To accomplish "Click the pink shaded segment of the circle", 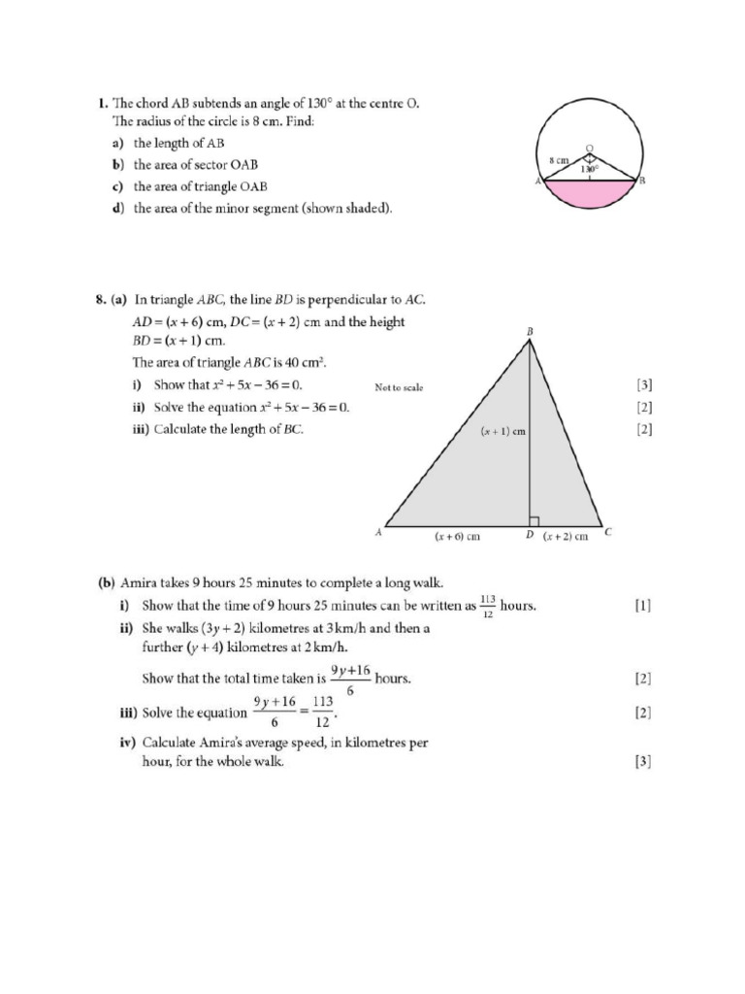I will pyautogui.click(x=589, y=195).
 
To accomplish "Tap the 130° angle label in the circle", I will pyautogui.click(x=589, y=169).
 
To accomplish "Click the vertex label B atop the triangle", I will pyautogui.click(x=531, y=332).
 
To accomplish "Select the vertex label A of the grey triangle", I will pyautogui.click(x=378, y=532).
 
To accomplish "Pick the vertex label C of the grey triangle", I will pyautogui.click(x=607, y=532).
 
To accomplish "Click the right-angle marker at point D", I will pyautogui.click(x=534, y=521).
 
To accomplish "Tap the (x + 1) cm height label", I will pyautogui.click(x=503, y=432).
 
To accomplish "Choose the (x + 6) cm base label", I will pyautogui.click(x=457, y=536).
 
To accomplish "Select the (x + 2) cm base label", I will pyautogui.click(x=566, y=536).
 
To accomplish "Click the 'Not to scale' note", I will pyautogui.click(x=399, y=387).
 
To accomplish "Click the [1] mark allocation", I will pyautogui.click(x=642, y=606).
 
